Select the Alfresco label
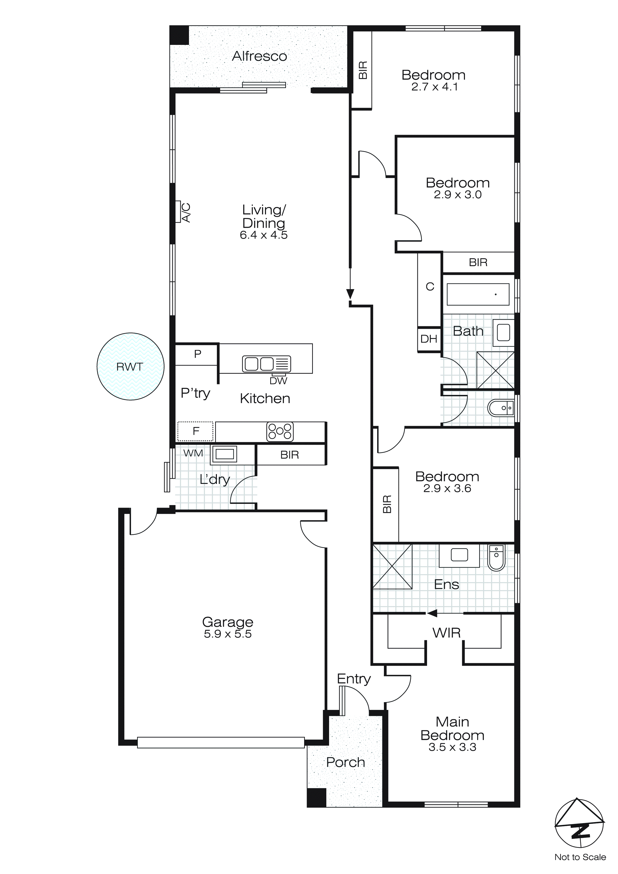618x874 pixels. click(x=260, y=56)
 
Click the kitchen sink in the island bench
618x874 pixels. click(x=266, y=364)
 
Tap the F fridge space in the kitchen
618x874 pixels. click(x=196, y=431)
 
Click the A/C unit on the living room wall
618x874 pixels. click(x=178, y=212)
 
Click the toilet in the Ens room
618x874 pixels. click(x=496, y=558)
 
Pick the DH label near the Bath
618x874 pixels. click(x=429, y=339)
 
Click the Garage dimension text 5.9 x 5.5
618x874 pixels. click(x=228, y=634)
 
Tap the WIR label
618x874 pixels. click(x=446, y=633)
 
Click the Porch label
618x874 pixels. click(x=346, y=762)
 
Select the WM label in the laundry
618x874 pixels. click(x=193, y=453)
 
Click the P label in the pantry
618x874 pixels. click(x=197, y=354)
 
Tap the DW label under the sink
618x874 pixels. click(x=278, y=381)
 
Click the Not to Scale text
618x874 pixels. click(x=580, y=857)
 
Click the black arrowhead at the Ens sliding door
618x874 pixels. click(x=432, y=613)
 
